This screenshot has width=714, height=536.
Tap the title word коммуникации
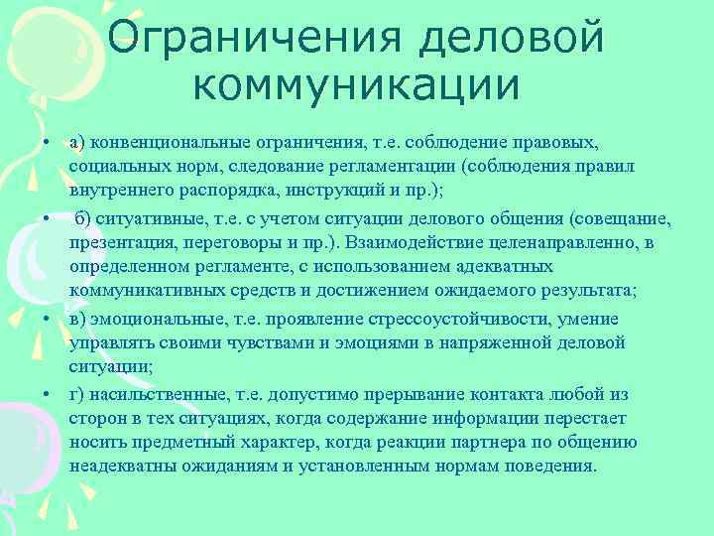tap(356, 87)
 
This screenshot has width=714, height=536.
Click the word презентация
tap(124, 242)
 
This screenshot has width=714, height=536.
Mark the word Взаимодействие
tap(415, 242)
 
